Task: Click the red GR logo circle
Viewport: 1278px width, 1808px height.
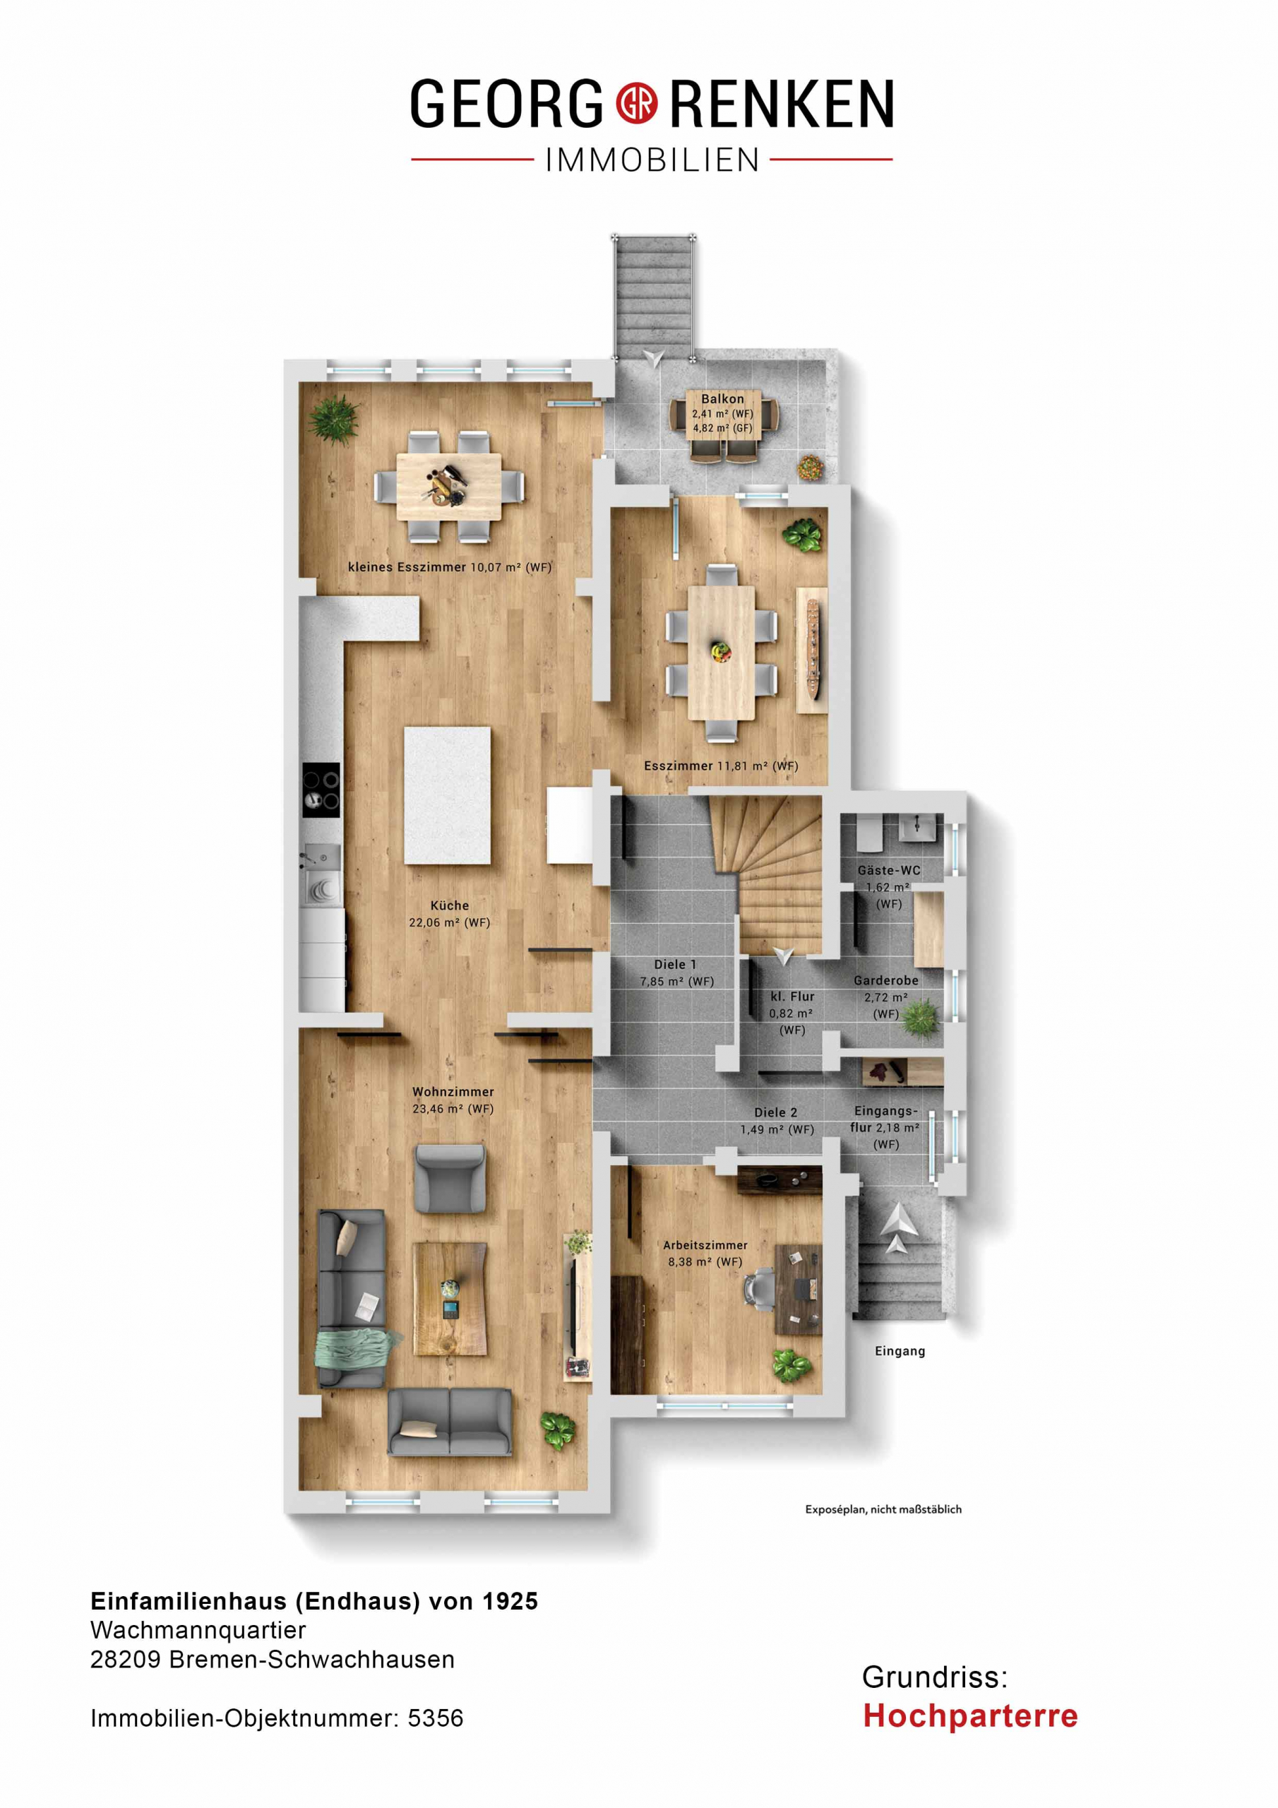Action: (x=636, y=103)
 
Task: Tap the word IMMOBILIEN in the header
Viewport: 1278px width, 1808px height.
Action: (x=652, y=160)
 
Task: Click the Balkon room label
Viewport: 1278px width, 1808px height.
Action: (x=722, y=399)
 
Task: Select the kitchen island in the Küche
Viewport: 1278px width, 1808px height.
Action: (x=447, y=795)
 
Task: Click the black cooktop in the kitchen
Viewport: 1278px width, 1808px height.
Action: (x=321, y=790)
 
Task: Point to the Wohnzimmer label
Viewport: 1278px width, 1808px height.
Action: (x=453, y=1091)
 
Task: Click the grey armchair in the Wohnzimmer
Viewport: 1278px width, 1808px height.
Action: (x=450, y=1179)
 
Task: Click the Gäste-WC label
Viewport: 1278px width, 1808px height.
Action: (x=889, y=870)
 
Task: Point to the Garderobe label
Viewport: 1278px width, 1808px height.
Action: (x=886, y=980)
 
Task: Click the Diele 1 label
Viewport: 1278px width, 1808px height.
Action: (x=675, y=964)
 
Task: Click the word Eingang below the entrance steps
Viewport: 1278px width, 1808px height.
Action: (x=900, y=1351)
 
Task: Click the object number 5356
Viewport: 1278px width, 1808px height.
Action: (x=436, y=1718)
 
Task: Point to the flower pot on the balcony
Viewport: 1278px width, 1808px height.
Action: (x=811, y=467)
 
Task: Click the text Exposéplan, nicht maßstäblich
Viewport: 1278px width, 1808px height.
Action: (x=883, y=1509)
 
